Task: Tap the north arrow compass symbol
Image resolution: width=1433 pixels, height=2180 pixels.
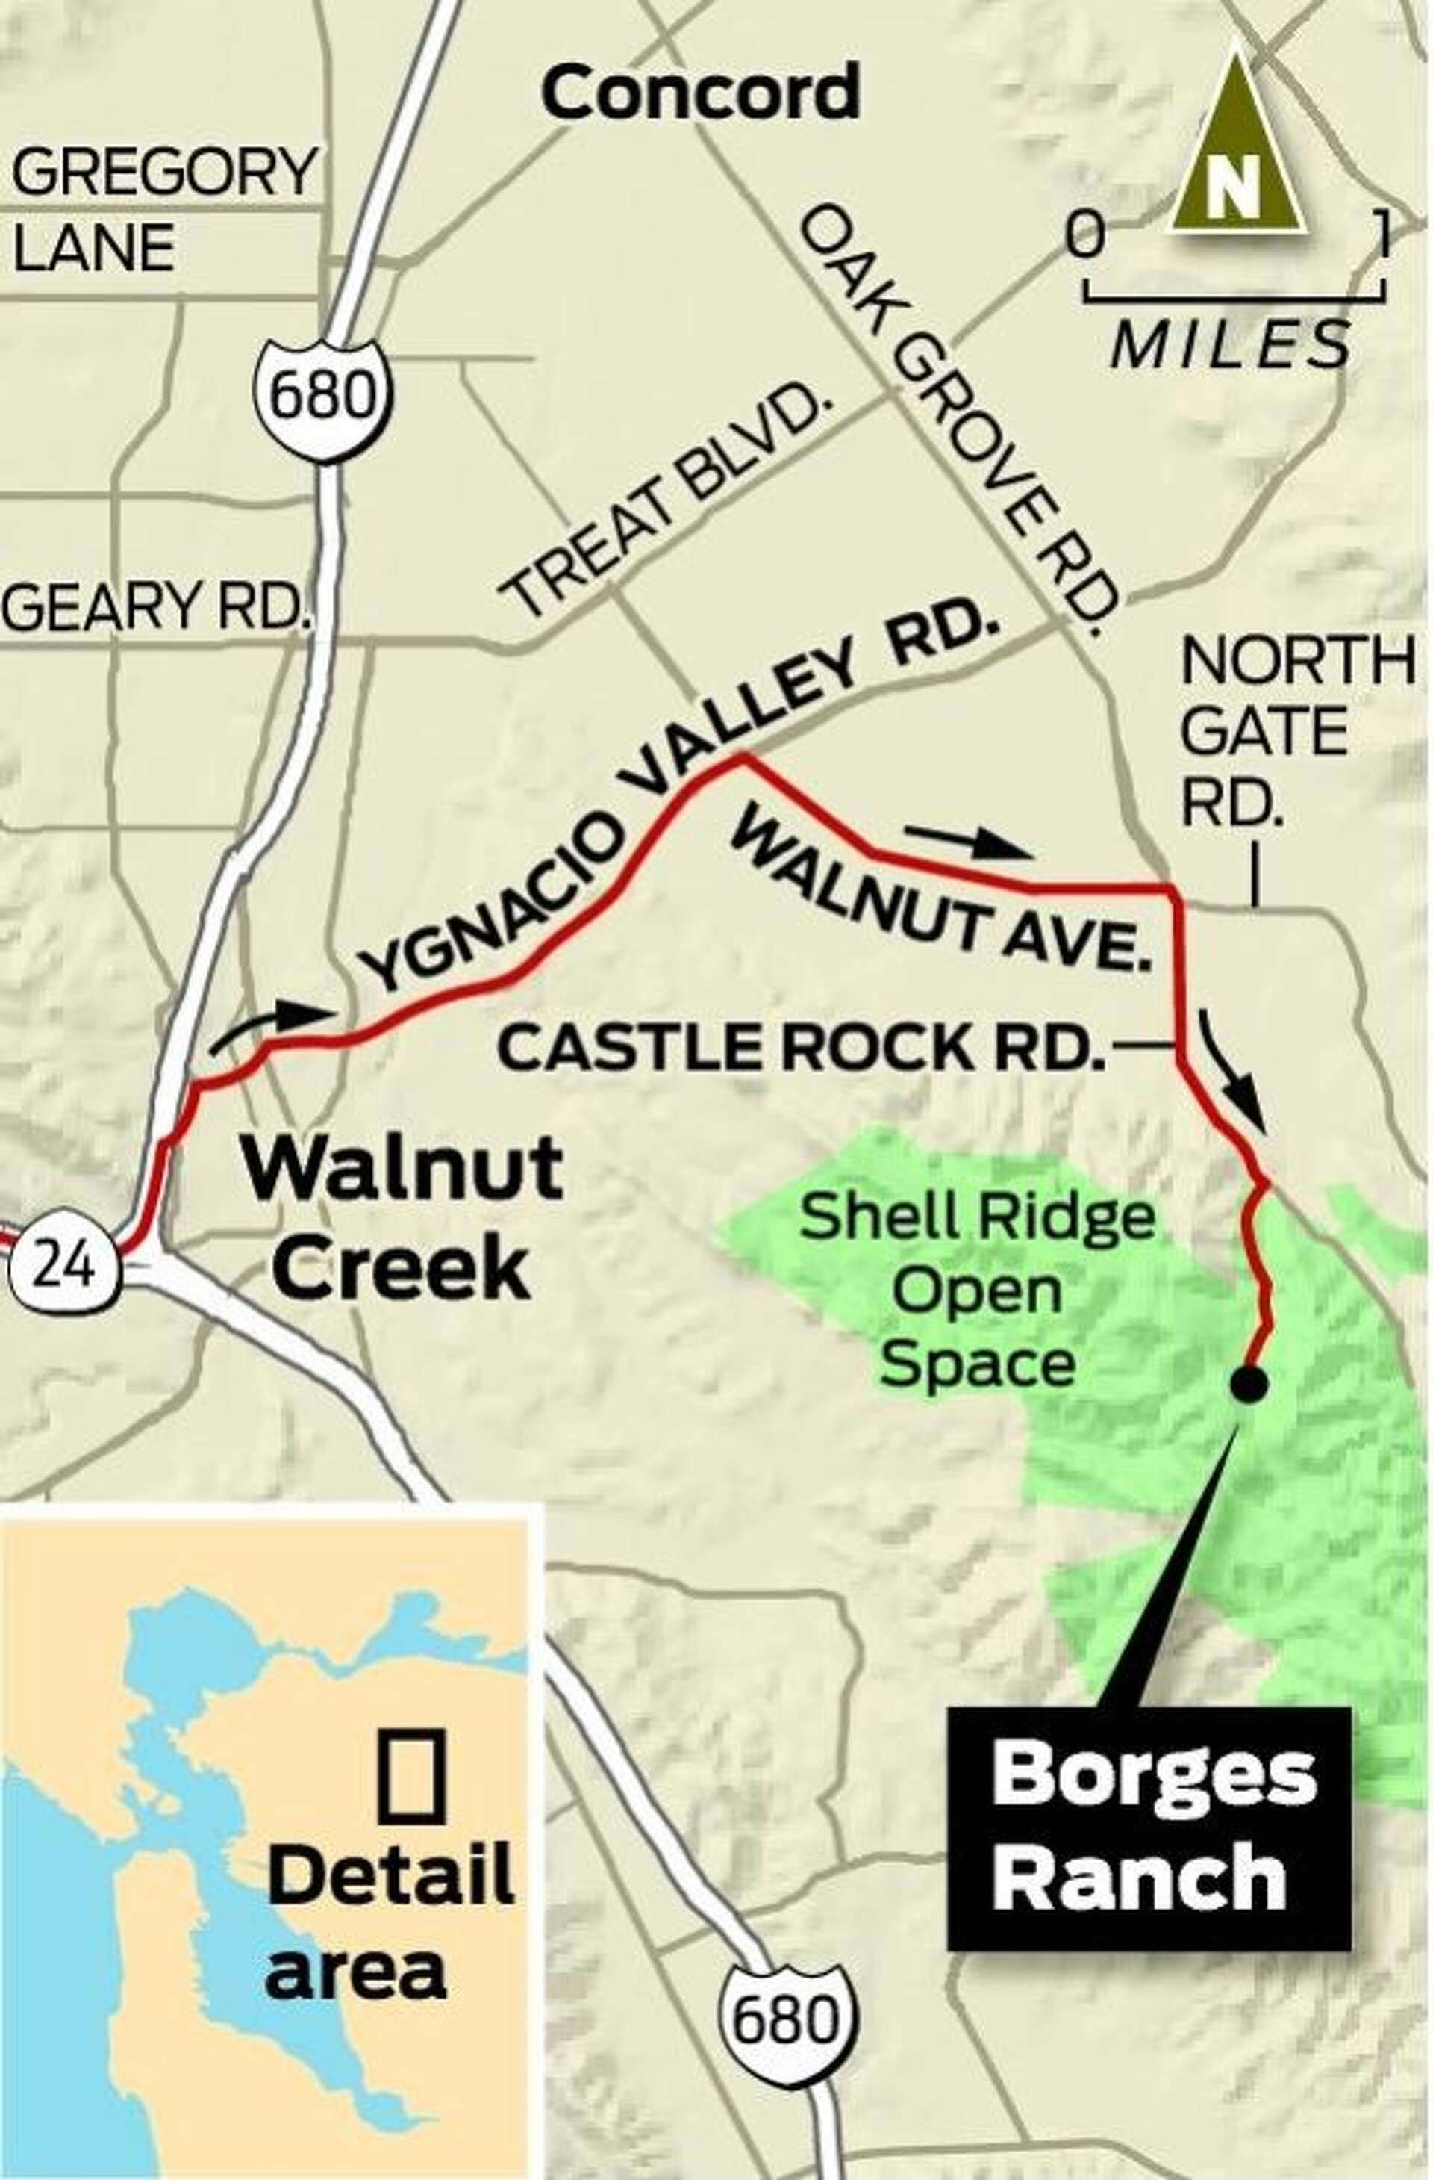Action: (x=1236, y=151)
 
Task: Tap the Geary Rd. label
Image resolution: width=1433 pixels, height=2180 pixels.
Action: (x=154, y=606)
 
